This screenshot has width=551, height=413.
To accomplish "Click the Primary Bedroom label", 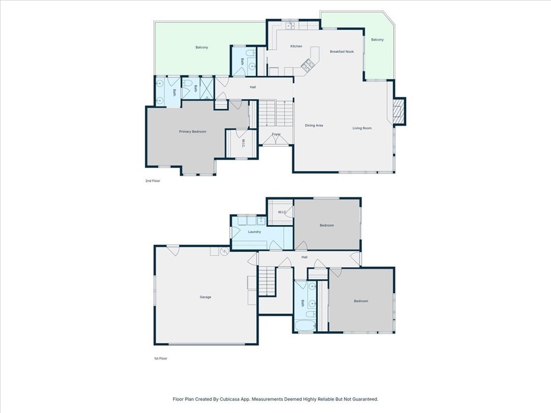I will pyautogui.click(x=193, y=132).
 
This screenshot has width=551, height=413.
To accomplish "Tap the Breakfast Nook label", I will pyautogui.click(x=342, y=52).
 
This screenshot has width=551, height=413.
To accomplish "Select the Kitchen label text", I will pyautogui.click(x=296, y=46).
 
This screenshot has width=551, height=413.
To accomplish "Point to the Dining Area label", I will pyautogui.click(x=314, y=126).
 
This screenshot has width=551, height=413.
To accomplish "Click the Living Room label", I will pyautogui.click(x=362, y=128).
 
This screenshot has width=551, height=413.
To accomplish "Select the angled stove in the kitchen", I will pyautogui.click(x=308, y=65).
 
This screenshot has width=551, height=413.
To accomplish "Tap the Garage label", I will pyautogui.click(x=206, y=297).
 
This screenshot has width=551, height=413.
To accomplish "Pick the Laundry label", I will pyautogui.click(x=255, y=232).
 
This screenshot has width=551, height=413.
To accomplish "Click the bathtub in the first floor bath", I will pyautogui.click(x=304, y=325).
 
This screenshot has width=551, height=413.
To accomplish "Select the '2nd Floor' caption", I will pyautogui.click(x=153, y=181).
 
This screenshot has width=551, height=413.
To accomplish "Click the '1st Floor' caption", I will pyautogui.click(x=160, y=358).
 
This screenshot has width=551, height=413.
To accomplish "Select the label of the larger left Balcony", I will pyautogui.click(x=202, y=47).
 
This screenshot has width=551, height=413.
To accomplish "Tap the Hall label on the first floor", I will pyautogui.click(x=305, y=257).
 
